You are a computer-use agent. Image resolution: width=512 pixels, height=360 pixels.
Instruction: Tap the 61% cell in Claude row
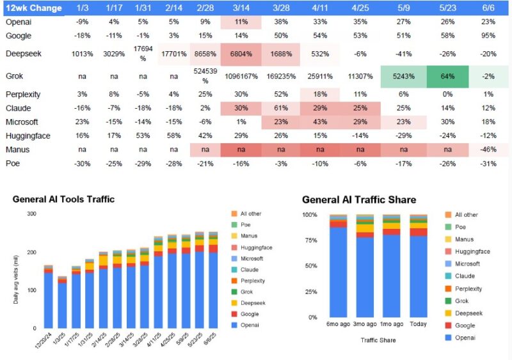(x=281, y=108)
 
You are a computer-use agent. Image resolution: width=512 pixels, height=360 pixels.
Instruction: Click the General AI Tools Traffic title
(x=63, y=199)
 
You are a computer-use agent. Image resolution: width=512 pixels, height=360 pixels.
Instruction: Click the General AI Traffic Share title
(x=358, y=200)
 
